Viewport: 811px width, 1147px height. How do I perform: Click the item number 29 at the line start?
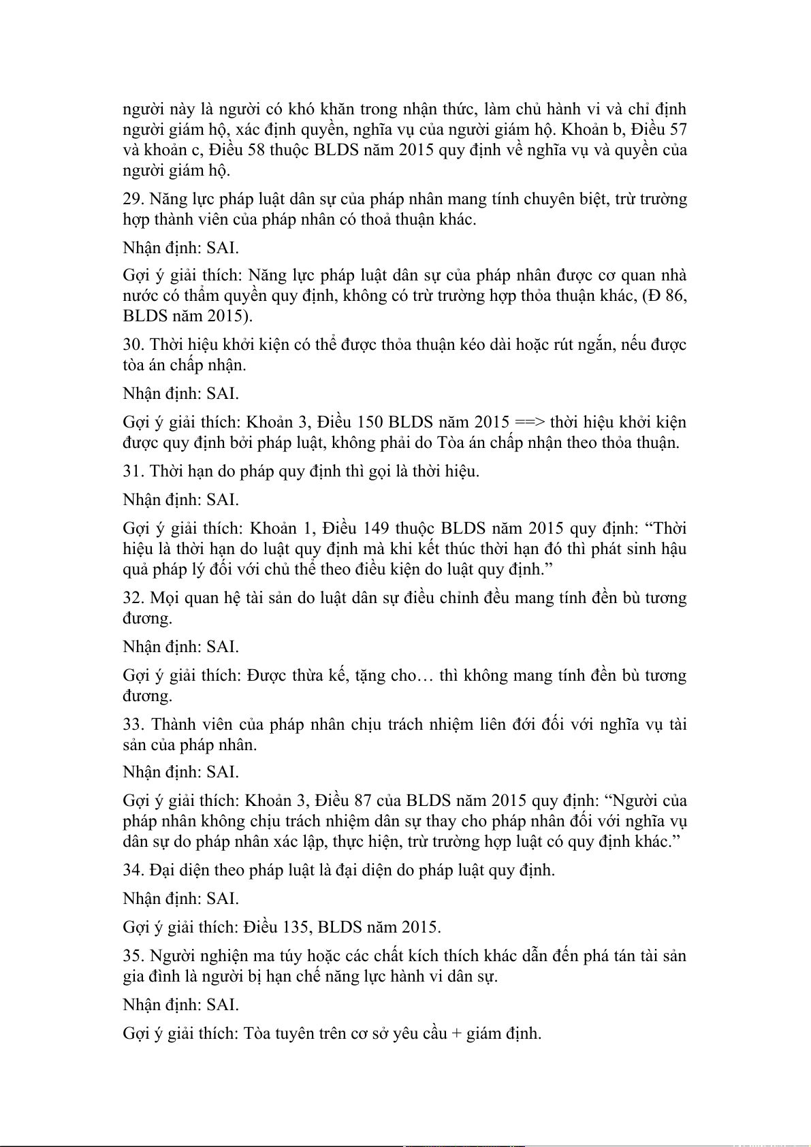(133, 199)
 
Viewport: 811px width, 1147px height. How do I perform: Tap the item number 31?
(133, 472)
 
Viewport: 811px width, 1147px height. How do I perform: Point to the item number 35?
(133, 956)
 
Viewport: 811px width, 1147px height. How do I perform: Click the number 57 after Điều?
(678, 129)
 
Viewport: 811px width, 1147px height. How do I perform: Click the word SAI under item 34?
(223, 899)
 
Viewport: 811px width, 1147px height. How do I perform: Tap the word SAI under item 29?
(223, 248)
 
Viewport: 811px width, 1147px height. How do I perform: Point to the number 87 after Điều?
(362, 801)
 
